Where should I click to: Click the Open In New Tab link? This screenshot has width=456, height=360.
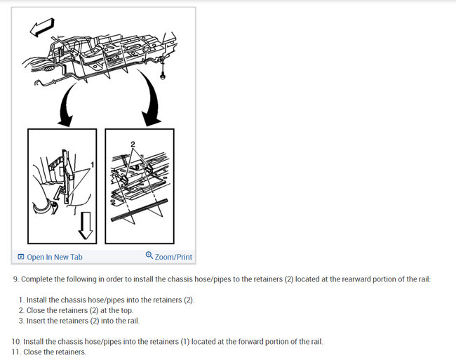point(54,257)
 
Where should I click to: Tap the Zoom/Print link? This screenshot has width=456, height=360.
point(173,257)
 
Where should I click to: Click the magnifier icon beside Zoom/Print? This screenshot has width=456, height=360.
point(149,256)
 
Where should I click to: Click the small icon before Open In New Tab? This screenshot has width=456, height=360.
point(21,257)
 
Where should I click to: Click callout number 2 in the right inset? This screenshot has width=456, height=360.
point(131,144)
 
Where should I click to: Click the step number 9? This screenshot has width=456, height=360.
point(15,279)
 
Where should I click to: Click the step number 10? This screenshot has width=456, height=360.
point(16,342)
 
